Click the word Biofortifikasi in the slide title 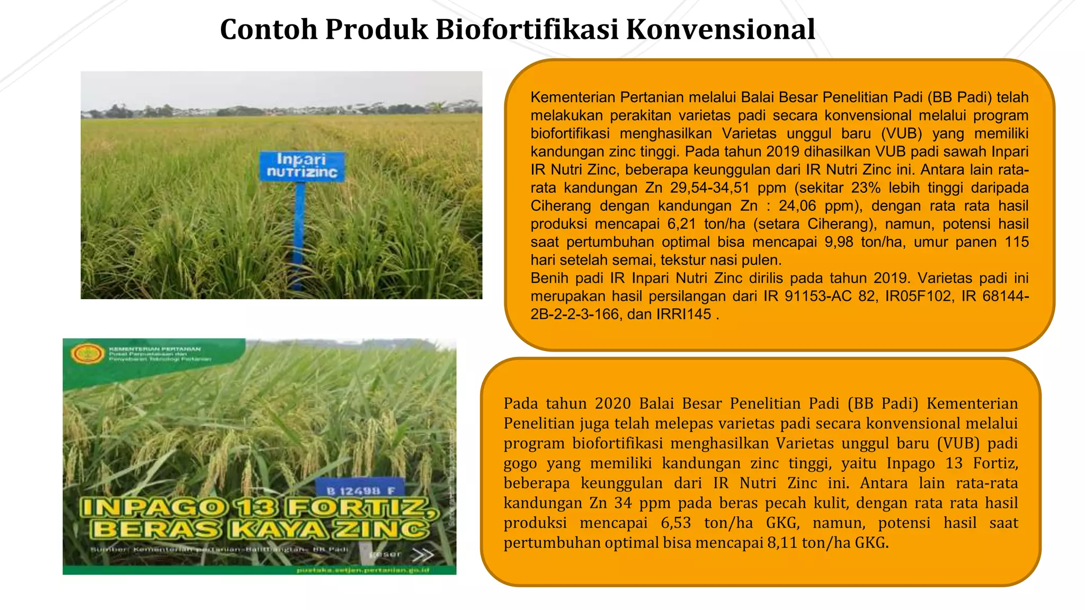[527, 30]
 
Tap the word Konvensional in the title [721, 30]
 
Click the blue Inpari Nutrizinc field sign [301, 166]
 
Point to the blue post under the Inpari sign [299, 233]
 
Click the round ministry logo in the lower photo [88, 353]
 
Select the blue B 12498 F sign [360, 490]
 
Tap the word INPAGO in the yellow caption [154, 508]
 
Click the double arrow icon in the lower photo [422, 554]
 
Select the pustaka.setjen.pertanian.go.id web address [363, 570]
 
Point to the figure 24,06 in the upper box [801, 206]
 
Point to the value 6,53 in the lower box [675, 523]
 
